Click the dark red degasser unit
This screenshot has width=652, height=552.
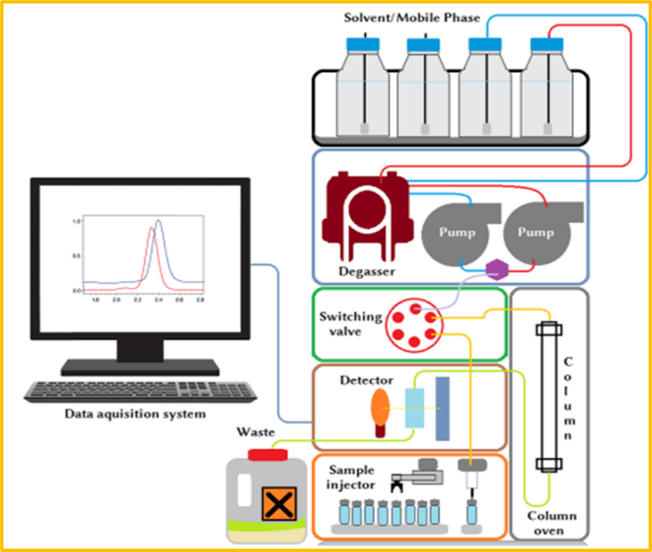(366, 217)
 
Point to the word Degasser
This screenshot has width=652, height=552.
(366, 271)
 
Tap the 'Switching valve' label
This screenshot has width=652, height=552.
(351, 324)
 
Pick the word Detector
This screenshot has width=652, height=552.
(366, 381)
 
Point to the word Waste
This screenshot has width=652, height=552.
(254, 432)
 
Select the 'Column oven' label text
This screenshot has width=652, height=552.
(551, 524)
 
